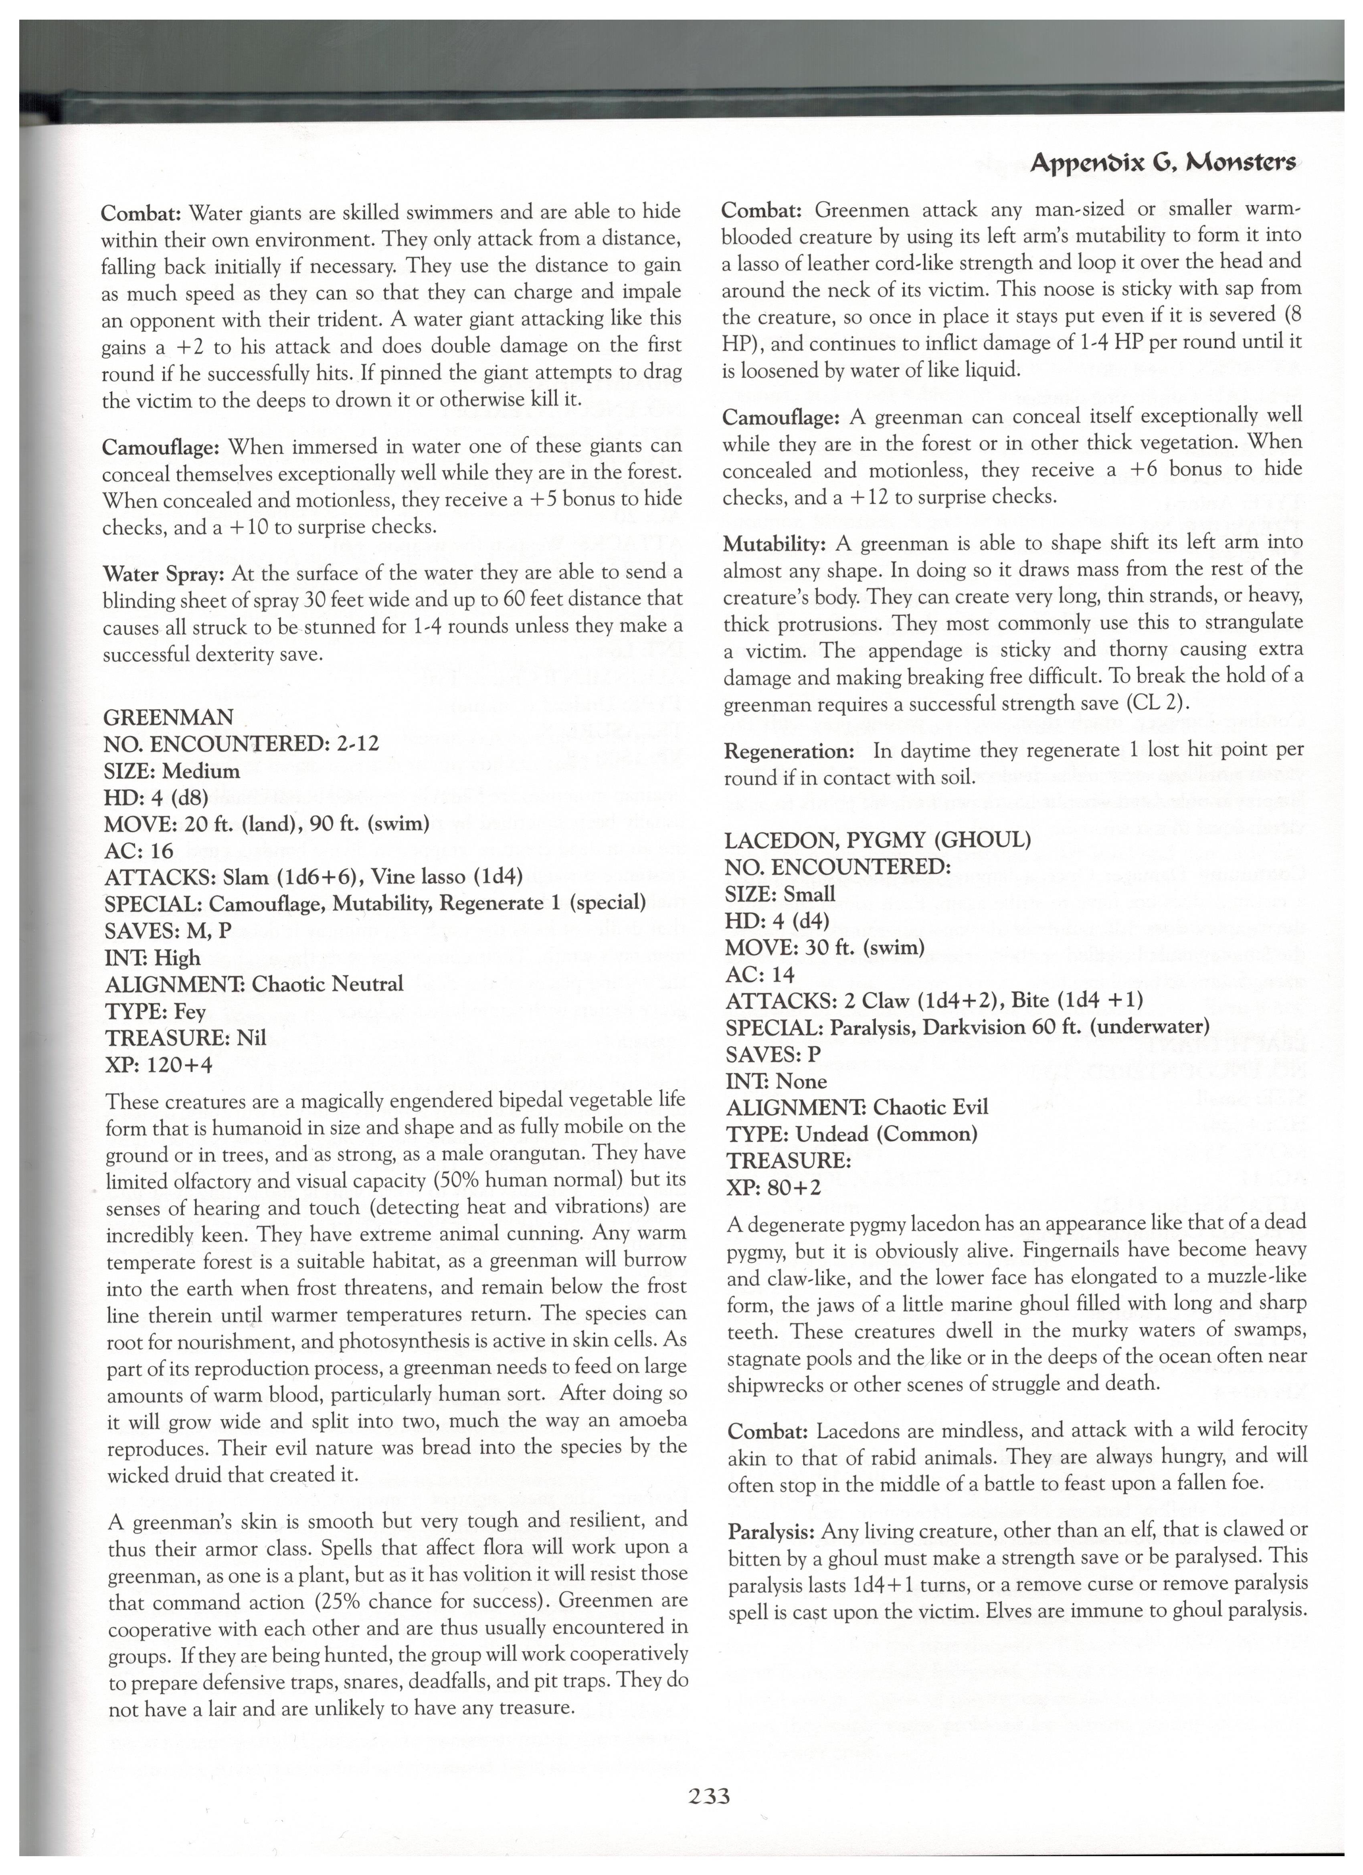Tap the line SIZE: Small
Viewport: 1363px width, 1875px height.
pos(780,894)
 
